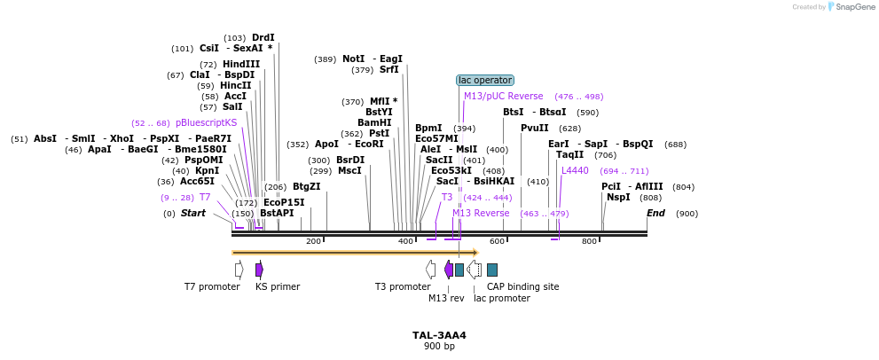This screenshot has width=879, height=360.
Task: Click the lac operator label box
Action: tap(485, 81)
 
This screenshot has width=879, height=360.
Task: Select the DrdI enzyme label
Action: tap(263, 37)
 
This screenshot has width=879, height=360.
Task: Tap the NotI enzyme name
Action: tap(353, 59)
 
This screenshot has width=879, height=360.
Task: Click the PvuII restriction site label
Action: tap(534, 128)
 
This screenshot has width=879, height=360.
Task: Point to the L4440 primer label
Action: tap(575, 170)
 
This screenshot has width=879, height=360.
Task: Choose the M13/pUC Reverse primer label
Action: tap(503, 96)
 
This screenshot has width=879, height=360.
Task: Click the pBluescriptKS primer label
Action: tap(207, 122)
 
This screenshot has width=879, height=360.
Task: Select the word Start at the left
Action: tap(192, 213)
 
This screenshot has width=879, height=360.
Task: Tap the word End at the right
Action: tap(655, 213)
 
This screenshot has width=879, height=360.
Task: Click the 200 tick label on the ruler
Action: tap(313, 241)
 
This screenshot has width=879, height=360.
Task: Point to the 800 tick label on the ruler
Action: tap(589, 241)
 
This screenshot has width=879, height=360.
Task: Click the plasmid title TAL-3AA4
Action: tap(439, 335)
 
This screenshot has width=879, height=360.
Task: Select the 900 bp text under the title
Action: tap(439, 346)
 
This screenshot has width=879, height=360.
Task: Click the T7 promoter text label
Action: tap(212, 286)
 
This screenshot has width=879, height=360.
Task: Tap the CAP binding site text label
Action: tap(522, 286)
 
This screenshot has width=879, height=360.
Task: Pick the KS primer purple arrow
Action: tap(259, 270)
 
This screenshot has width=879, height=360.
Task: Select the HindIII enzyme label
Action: tap(241, 64)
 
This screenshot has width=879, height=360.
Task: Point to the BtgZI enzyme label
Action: tap(306, 186)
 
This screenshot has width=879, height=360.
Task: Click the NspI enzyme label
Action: tap(618, 197)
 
